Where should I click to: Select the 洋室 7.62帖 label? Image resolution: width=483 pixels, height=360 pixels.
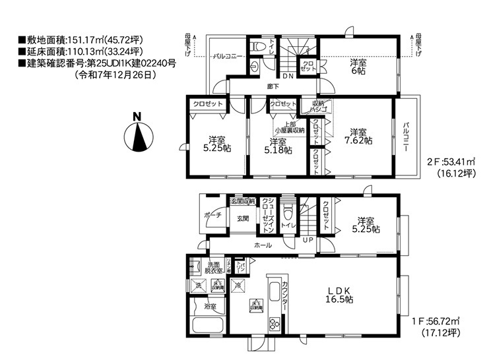359,136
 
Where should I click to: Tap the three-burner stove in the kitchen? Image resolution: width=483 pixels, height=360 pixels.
274,323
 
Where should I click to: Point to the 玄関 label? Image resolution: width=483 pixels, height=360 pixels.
242,218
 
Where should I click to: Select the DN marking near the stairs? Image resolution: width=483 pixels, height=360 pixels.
288,75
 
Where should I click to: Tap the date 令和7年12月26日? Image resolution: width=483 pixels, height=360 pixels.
115,75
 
